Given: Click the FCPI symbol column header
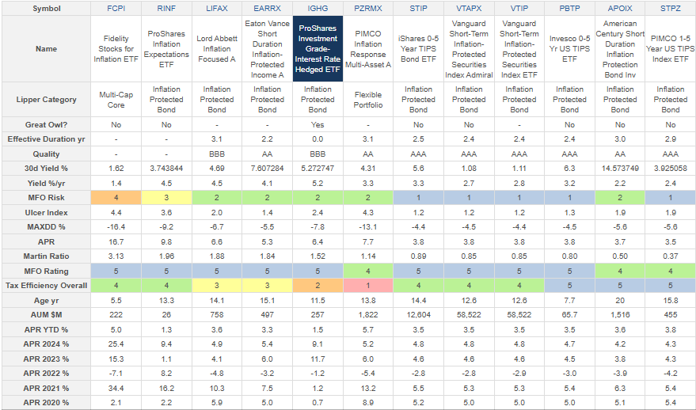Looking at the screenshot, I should pos(116,8).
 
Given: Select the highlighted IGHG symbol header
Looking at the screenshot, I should pos(318,8).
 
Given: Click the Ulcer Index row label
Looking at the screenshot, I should pos(46,212).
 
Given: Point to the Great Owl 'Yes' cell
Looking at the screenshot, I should pos(318,125).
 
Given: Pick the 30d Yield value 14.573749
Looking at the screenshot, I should pos(620,168).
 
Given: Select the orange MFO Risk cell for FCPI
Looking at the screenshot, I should pos(116,197).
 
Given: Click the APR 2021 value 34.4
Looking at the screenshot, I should pos(116,389).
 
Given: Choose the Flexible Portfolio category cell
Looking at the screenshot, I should pos(368,100).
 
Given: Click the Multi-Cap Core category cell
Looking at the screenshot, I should pos(116,100).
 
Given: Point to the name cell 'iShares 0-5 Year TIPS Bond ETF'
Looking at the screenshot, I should pos(418,48).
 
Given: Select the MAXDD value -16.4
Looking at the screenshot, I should pos(116,226).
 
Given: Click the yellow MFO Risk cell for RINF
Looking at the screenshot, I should pos(166,197).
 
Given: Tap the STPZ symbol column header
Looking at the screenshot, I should pos(671,8).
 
